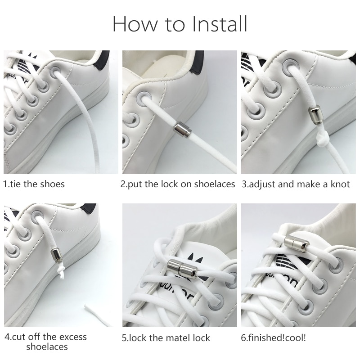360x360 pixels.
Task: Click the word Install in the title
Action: pyautogui.click(x=220, y=24)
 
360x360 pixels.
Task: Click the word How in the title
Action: pyautogui.click(x=135, y=24)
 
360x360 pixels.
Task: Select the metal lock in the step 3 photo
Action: pyautogui.click(x=314, y=115)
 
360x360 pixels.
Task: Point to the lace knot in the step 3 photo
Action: pyautogui.click(x=323, y=139)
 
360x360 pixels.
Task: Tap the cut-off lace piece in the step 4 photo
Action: pyautogui.click(x=98, y=314)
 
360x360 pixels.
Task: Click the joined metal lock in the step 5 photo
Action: pyautogui.click(x=181, y=268)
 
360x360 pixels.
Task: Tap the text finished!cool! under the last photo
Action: pyautogui.click(x=273, y=337)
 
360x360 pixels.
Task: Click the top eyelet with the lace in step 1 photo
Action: pyautogui.click(x=55, y=72)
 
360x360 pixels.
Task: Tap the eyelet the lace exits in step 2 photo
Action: pyautogui.click(x=144, y=98)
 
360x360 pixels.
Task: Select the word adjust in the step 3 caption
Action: pyautogui.click(x=262, y=184)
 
